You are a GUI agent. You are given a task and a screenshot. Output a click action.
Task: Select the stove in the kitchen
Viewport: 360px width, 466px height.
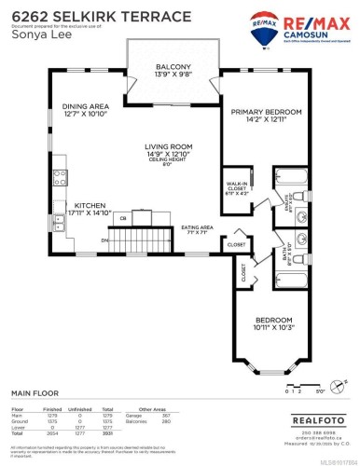coord(61,174)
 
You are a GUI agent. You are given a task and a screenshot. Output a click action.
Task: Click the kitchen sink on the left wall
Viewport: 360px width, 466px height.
coord(61,223)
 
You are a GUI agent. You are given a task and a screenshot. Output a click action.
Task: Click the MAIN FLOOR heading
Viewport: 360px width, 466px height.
coord(34,393)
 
